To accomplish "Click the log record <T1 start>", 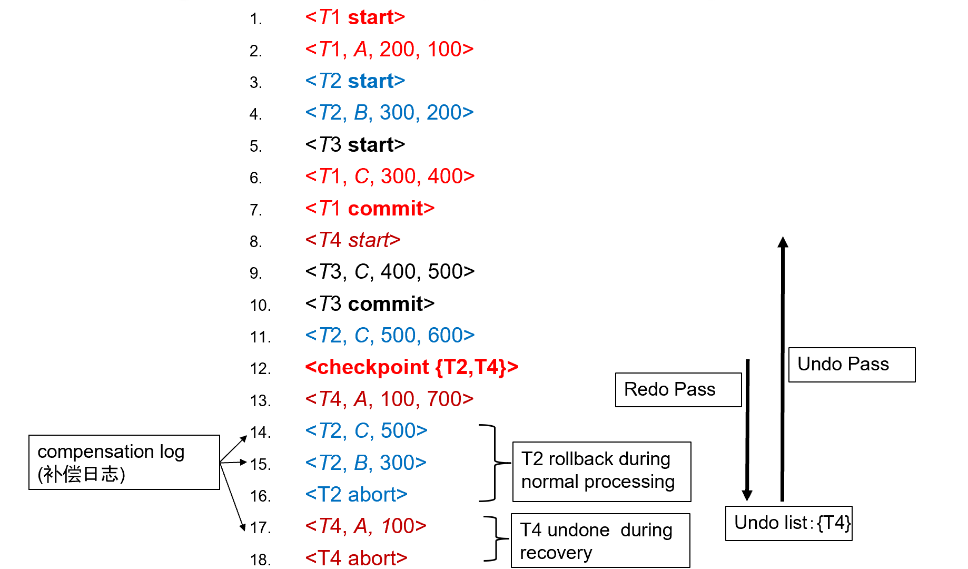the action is pos(355,17).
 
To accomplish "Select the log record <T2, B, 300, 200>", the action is pos(389,112).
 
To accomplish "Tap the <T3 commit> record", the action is pos(370,303).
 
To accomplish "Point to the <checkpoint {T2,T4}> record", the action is pos(412,367).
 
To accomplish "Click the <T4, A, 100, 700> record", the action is pos(389,399).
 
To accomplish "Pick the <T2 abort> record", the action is pos(356,494).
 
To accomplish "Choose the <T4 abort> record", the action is pos(356,558).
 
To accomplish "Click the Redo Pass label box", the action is pos(678,390).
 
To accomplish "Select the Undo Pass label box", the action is pos(852,365).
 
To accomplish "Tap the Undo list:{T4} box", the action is pos(788,523).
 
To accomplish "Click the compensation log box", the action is pos(124,462).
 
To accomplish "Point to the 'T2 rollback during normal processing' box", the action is pos(601,472).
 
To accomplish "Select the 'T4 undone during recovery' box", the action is pos(600,541).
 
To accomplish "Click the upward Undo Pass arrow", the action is pos(783,369).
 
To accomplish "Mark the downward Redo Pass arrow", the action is pos(747,430).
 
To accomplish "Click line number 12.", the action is pos(260,369).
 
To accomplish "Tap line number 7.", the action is pos(255,210).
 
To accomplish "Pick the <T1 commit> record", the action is pos(370,208).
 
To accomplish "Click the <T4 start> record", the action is pos(353,240).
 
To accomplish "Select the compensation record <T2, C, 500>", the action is pos(366,430).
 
